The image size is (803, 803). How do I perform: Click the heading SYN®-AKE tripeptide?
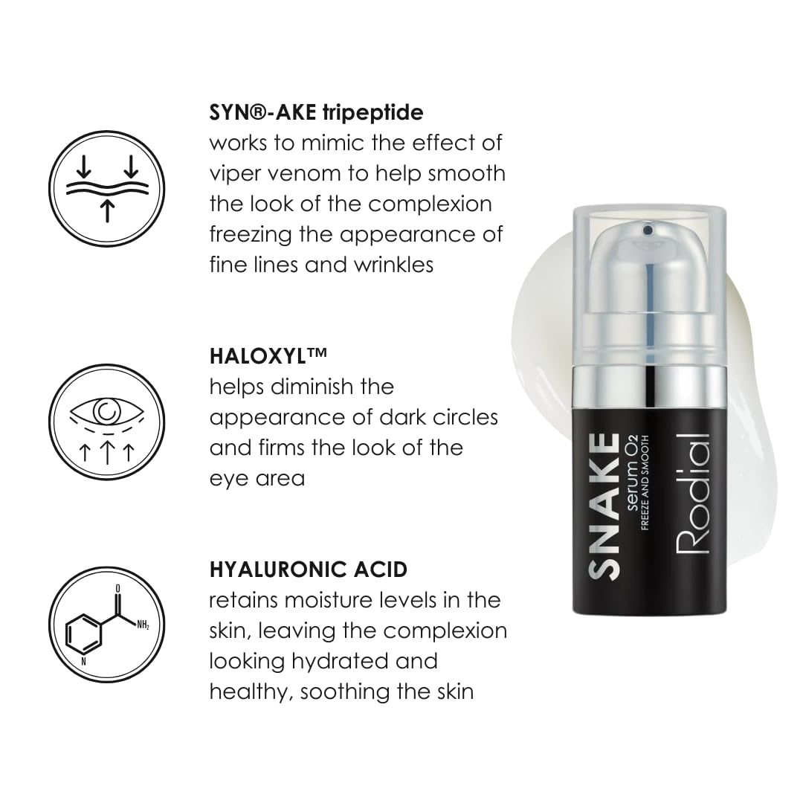pyautogui.click(x=317, y=112)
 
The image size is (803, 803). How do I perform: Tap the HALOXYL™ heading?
pyautogui.click(x=268, y=355)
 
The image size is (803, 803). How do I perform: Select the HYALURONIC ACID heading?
pyautogui.click(x=309, y=570)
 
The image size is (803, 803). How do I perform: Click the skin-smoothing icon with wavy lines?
pyautogui.click(x=107, y=188)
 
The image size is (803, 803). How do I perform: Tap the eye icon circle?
pyautogui.click(x=107, y=422)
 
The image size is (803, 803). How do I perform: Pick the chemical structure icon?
pyautogui.click(x=107, y=625)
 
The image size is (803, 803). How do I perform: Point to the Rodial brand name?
pyautogui.click(x=693, y=494)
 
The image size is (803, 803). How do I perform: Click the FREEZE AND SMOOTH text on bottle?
pyautogui.click(x=645, y=483)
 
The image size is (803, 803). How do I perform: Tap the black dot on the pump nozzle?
pyautogui.click(x=648, y=230)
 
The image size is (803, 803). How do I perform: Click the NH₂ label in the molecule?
pyautogui.click(x=142, y=625)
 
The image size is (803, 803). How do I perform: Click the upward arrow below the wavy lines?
pyautogui.click(x=107, y=211)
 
